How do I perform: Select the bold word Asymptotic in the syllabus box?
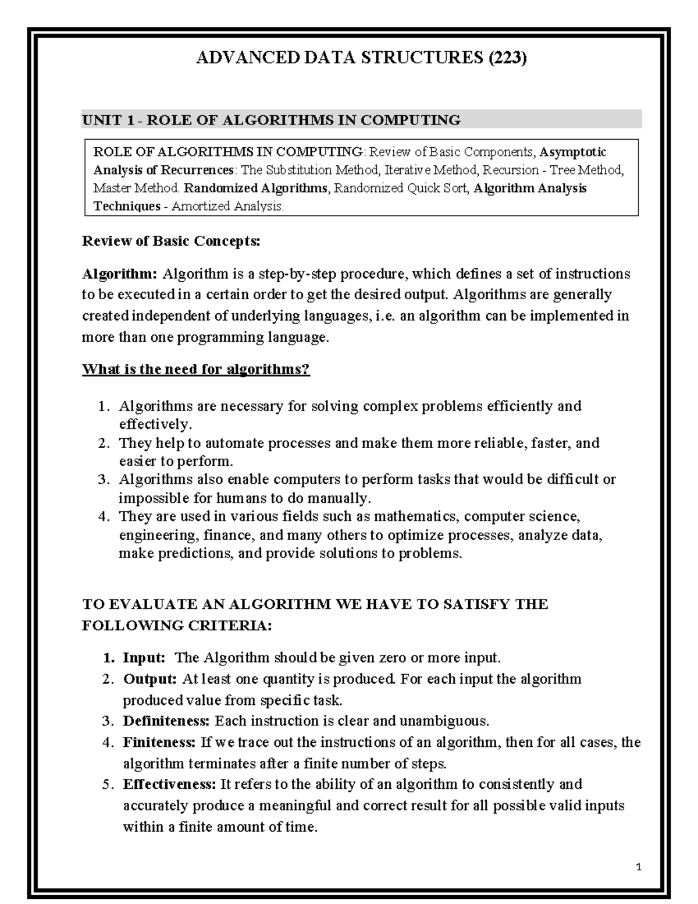click(573, 152)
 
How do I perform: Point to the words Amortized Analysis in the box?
click(227, 206)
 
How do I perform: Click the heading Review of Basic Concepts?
click(171, 241)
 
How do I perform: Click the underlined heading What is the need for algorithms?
click(196, 369)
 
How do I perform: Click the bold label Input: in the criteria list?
click(144, 658)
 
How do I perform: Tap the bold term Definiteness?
click(166, 721)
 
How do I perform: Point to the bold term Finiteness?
click(159, 742)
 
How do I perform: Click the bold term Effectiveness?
click(169, 784)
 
